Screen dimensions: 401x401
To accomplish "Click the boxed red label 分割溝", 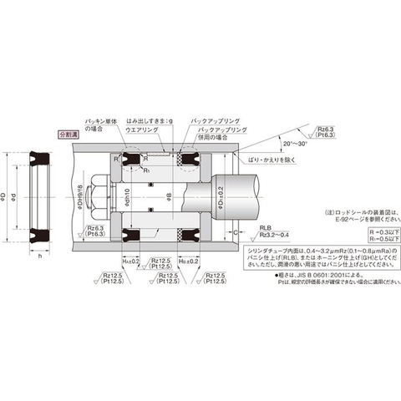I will [x=66, y=135].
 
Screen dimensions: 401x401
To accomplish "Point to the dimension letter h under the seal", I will [x=41, y=257].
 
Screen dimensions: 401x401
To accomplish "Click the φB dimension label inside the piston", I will [x=169, y=199].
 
